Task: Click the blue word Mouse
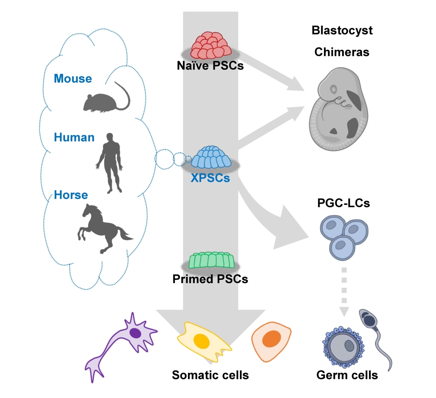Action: [73, 79]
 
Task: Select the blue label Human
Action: [74, 138]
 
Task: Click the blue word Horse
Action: [71, 195]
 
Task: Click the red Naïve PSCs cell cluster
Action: [211, 45]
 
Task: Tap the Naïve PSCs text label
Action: [210, 66]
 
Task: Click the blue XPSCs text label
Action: [210, 178]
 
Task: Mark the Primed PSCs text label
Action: [210, 279]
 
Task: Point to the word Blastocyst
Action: [342, 30]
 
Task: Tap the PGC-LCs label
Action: [343, 203]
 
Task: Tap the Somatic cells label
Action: [210, 375]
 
